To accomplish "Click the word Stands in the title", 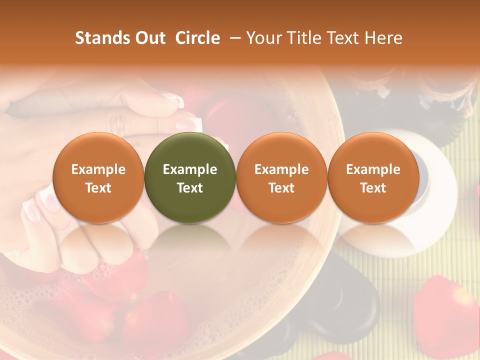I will (x=100, y=38).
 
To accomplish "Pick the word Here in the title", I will (x=383, y=38).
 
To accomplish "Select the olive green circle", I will (x=190, y=177).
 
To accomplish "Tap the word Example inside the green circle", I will (x=190, y=169).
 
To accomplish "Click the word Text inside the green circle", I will (x=190, y=188).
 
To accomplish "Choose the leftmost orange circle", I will (x=98, y=177).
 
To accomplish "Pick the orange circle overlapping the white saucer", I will (x=373, y=177).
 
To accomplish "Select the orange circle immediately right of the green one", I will (x=281, y=177).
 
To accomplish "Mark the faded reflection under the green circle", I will (x=190, y=240).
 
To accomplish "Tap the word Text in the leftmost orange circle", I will (x=98, y=188).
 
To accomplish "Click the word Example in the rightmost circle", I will (x=373, y=169).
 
